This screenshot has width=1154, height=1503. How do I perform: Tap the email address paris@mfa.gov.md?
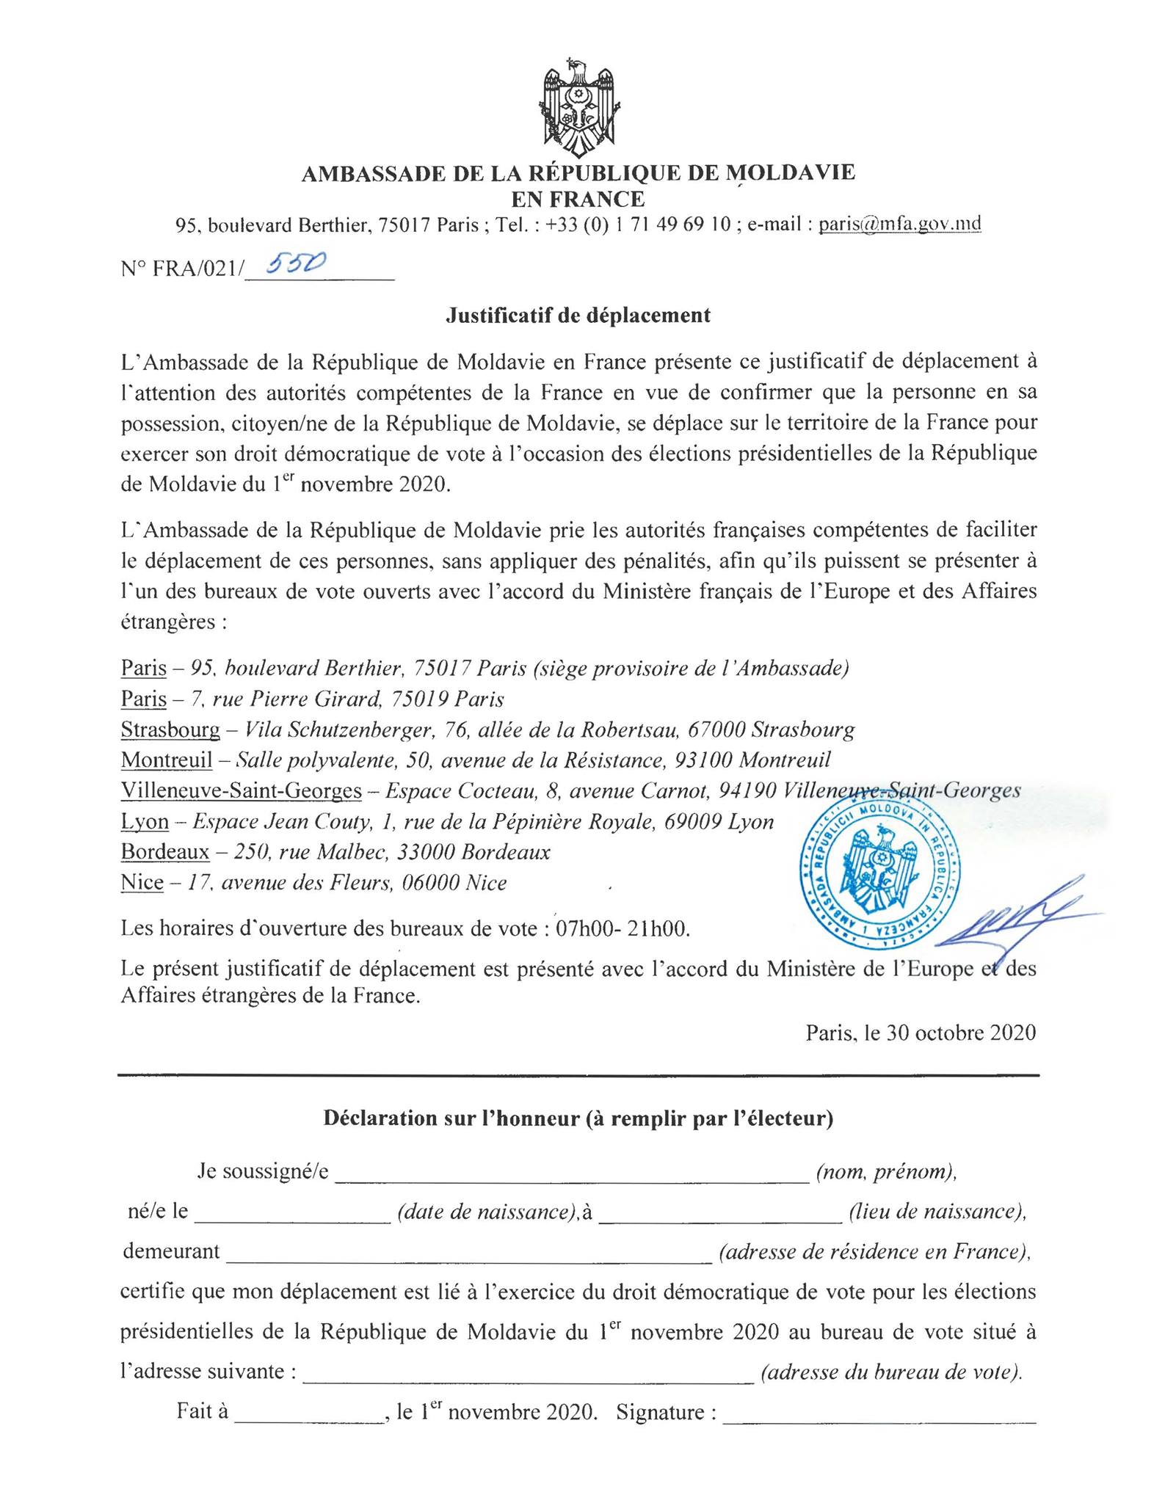pyautogui.click(x=899, y=225)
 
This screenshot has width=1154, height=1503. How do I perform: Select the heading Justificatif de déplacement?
pyautogui.click(x=578, y=316)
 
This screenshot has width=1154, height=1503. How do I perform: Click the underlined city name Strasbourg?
pyautogui.click(x=170, y=730)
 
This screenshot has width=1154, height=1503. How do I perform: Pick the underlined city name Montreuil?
pyautogui.click(x=167, y=760)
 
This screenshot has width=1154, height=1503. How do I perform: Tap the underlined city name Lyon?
pyautogui.click(x=145, y=822)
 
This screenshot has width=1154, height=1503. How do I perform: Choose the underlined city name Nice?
pyautogui.click(x=142, y=883)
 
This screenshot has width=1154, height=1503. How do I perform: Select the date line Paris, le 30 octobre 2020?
pyautogui.click(x=921, y=1033)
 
